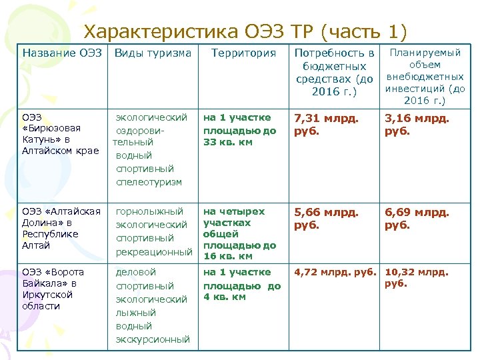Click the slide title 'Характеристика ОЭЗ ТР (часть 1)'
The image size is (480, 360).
[245, 31]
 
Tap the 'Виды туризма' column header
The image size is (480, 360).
[153, 53]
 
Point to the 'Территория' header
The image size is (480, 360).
[243, 53]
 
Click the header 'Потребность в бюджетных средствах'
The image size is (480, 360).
[334, 71]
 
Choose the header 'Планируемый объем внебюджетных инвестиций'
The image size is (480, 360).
[425, 77]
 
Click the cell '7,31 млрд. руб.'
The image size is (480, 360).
[326, 124]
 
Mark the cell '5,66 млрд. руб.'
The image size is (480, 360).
[326, 218]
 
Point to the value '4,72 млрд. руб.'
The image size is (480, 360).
[336, 272]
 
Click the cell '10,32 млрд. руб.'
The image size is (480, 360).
[417, 277]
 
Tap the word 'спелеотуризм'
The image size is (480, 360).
[149, 182]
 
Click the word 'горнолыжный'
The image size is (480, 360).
[149, 211]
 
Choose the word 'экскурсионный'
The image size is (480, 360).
[153, 339]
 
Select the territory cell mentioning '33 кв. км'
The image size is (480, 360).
[240, 130]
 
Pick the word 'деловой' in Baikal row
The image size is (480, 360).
[136, 272]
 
